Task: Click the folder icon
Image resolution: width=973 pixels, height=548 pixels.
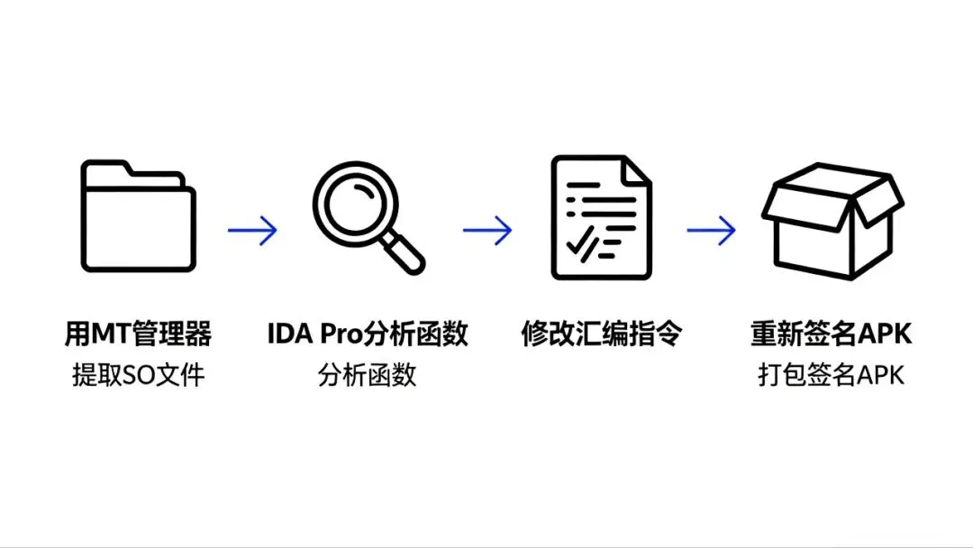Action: click(x=138, y=216)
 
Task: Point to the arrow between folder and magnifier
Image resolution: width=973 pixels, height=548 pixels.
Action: click(x=252, y=230)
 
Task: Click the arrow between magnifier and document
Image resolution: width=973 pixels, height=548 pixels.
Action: click(x=487, y=230)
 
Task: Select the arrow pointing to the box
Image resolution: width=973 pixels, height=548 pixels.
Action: click(x=712, y=230)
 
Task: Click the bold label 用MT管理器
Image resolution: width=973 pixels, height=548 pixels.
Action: click(x=138, y=334)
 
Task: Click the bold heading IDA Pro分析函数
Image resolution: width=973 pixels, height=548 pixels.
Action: click(x=368, y=334)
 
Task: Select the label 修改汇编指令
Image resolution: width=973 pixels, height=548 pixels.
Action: click(x=601, y=334)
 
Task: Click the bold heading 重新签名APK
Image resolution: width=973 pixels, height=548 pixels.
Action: click(x=831, y=334)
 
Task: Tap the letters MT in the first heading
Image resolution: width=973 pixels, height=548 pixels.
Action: click(x=105, y=334)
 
